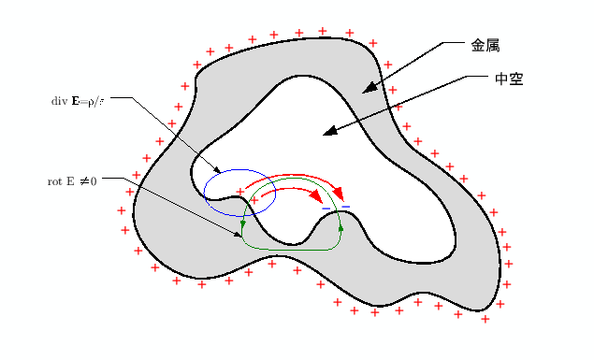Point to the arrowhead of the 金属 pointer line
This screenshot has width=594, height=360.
pyautogui.click(x=369, y=88)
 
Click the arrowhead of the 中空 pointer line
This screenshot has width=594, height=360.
pyautogui.click(x=328, y=132)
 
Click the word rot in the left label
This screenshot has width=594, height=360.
pyautogui.click(x=55, y=178)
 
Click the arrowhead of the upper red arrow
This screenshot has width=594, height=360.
pyautogui.click(x=339, y=194)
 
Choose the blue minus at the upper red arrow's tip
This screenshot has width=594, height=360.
pyautogui.click(x=345, y=205)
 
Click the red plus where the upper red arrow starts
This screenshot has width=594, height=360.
pyautogui.click(x=240, y=191)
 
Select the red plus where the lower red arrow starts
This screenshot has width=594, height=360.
pyautogui.click(x=254, y=200)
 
